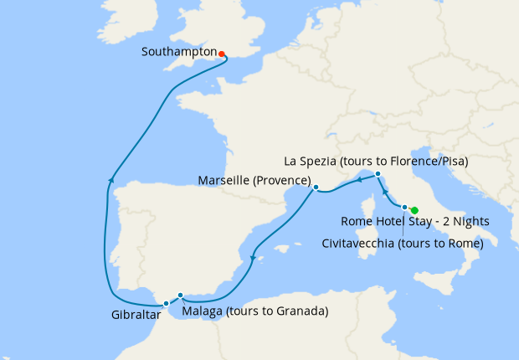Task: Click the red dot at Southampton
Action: (x=222, y=54)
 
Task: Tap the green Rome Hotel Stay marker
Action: (x=414, y=211)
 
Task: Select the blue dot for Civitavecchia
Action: (x=404, y=208)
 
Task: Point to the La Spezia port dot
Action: (x=378, y=174)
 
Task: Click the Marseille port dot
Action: (x=316, y=188)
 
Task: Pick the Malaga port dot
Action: (x=181, y=295)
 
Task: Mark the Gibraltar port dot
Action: (x=167, y=303)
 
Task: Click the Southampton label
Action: (x=178, y=52)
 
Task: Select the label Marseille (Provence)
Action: (x=254, y=181)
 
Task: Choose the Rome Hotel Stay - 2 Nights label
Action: (x=415, y=222)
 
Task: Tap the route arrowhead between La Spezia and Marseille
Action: (x=357, y=177)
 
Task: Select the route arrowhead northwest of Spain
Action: (x=110, y=178)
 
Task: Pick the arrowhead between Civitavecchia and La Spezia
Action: (x=385, y=191)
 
